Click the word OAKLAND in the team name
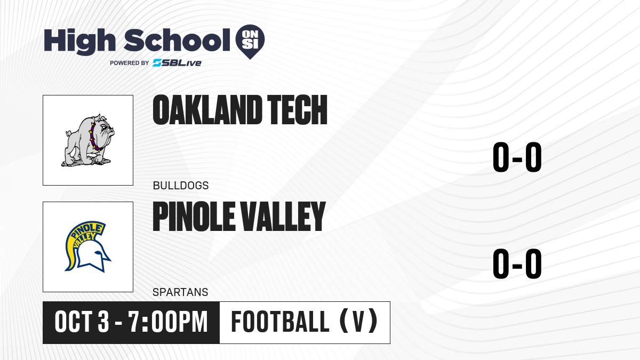[x=207, y=110]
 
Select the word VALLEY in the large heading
[x=283, y=217]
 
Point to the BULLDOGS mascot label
[x=181, y=186]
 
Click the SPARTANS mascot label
[x=180, y=292]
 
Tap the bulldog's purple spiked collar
[x=94, y=137]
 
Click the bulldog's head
[x=103, y=129]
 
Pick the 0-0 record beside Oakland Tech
[x=517, y=157]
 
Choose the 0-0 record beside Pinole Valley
[x=517, y=263]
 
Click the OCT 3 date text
[x=82, y=322]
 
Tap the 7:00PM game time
[x=167, y=322]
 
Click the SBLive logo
[x=177, y=63]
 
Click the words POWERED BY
[x=130, y=63]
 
